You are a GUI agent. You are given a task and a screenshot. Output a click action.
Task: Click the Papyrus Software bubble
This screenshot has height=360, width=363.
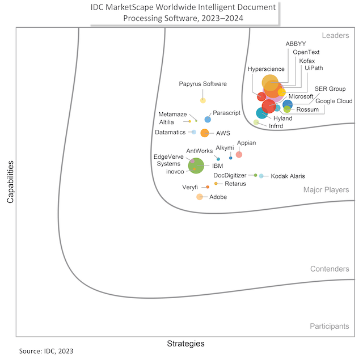pos(203,100)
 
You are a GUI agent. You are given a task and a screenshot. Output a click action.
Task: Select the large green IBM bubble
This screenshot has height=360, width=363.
pos(196,165)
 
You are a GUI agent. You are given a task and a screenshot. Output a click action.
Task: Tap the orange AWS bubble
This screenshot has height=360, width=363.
pos(205,133)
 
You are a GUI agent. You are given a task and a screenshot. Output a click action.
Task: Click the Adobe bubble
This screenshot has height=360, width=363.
pos(200,197)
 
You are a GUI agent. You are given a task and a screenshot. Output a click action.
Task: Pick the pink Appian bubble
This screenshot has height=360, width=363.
pos(239,154)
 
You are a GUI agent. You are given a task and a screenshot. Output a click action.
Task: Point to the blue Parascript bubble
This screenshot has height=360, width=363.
pos(208,120)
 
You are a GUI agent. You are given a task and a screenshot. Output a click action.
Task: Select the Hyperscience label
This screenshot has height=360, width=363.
pos(266,69)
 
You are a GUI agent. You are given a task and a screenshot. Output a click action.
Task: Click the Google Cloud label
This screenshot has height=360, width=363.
pos(334,101)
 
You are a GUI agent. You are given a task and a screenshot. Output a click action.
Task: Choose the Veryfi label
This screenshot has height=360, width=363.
pos(190,187)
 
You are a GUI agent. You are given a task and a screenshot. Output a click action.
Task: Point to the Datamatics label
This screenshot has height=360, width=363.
pos(170,132)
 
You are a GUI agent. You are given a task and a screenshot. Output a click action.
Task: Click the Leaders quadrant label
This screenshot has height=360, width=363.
pos(335,36)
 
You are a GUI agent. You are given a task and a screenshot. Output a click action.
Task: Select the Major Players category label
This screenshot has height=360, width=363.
pos(326,190)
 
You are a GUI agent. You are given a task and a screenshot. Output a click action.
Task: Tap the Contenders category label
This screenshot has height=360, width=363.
pos(330,269)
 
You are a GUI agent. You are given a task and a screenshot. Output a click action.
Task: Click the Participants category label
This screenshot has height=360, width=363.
pos(329,326)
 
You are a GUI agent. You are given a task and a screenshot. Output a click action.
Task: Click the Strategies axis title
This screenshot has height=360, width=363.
pos(185,344)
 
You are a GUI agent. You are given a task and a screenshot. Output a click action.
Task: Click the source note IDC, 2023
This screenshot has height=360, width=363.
pos(46,351)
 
